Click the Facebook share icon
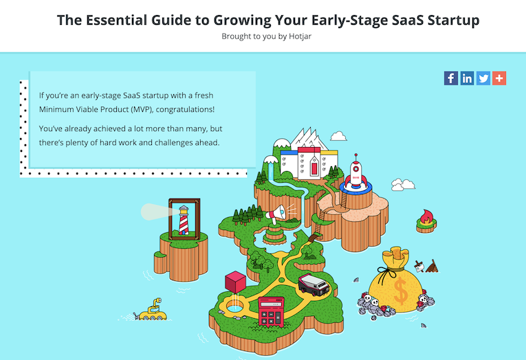pyautogui.click(x=451, y=78)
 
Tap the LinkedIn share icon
pyautogui.click(x=467, y=78)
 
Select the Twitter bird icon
pyautogui.click(x=483, y=78)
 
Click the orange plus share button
pyautogui.click(x=499, y=78)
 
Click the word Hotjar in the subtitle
pyautogui.click(x=300, y=36)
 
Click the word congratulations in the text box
pyautogui.click(x=185, y=110)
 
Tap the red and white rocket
pyautogui.click(x=355, y=172)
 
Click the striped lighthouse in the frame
pyautogui.click(x=184, y=220)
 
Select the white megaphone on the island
pyautogui.click(x=276, y=214)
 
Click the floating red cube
pyautogui.click(x=235, y=282)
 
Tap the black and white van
pyautogui.click(x=314, y=285)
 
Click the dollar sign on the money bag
pyautogui.click(x=401, y=291)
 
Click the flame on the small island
pyautogui.click(x=426, y=217)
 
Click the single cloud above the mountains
pyautogui.click(x=338, y=136)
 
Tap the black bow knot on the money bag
pyautogui.click(x=388, y=273)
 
